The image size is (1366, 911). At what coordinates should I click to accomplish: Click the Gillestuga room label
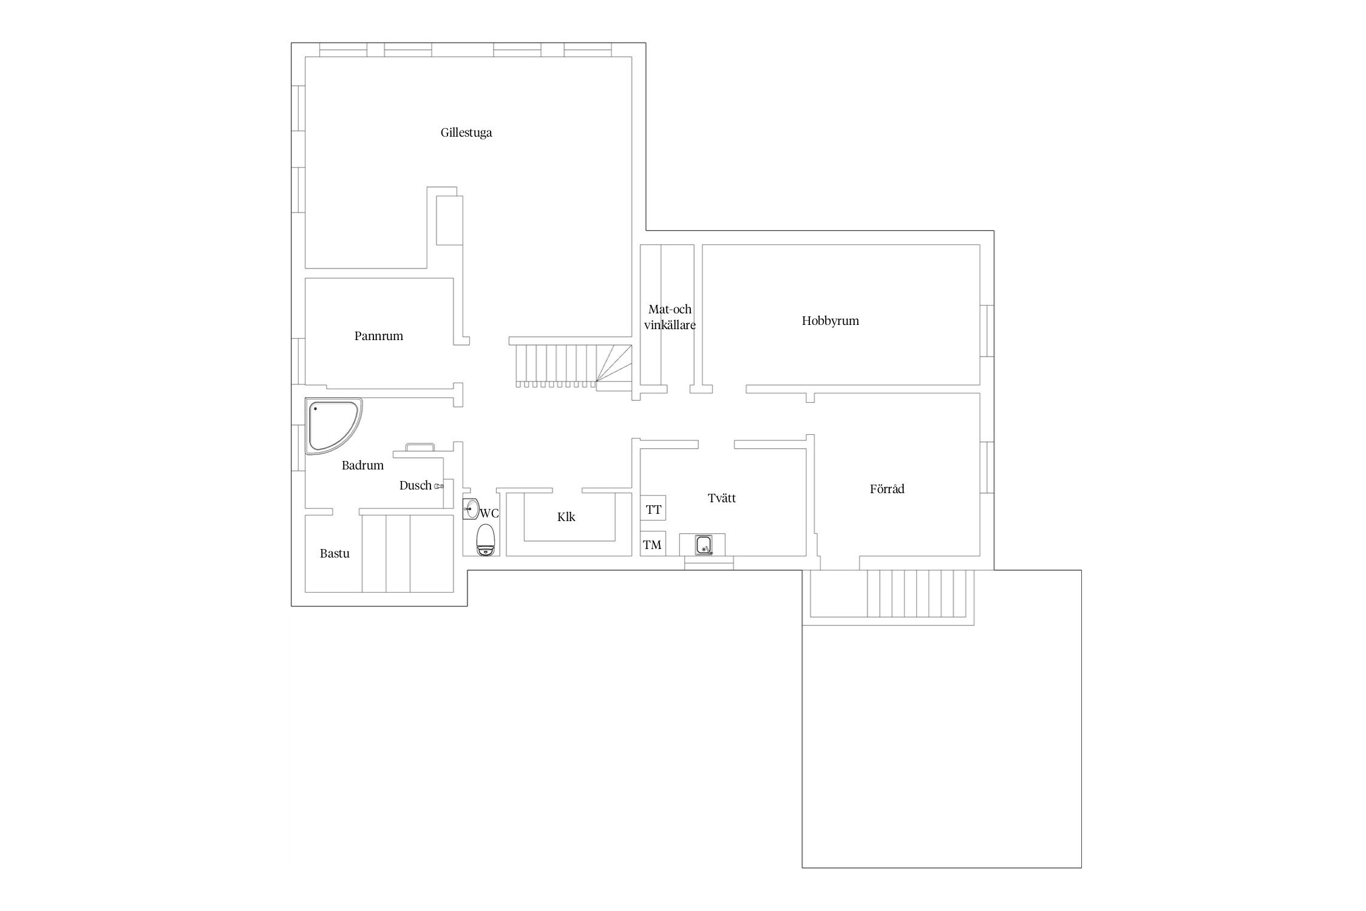(466, 133)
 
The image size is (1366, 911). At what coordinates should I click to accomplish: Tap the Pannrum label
(379, 336)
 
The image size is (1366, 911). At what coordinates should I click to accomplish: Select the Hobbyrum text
(831, 321)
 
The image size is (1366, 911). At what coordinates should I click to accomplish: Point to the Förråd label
(887, 489)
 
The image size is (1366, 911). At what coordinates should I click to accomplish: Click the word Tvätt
(722, 498)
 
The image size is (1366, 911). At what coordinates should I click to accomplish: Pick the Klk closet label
(566, 517)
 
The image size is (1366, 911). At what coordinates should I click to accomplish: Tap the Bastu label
(335, 554)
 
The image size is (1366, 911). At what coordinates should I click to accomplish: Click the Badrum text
(362, 466)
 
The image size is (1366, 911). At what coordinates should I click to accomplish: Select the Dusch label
(415, 486)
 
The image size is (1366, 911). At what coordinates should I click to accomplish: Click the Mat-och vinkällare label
(670, 317)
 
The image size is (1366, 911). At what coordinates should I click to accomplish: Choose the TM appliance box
(653, 544)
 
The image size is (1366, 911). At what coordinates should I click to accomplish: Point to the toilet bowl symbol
(486, 541)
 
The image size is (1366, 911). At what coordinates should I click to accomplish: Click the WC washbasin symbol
(471, 509)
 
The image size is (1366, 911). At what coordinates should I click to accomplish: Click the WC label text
(489, 513)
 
